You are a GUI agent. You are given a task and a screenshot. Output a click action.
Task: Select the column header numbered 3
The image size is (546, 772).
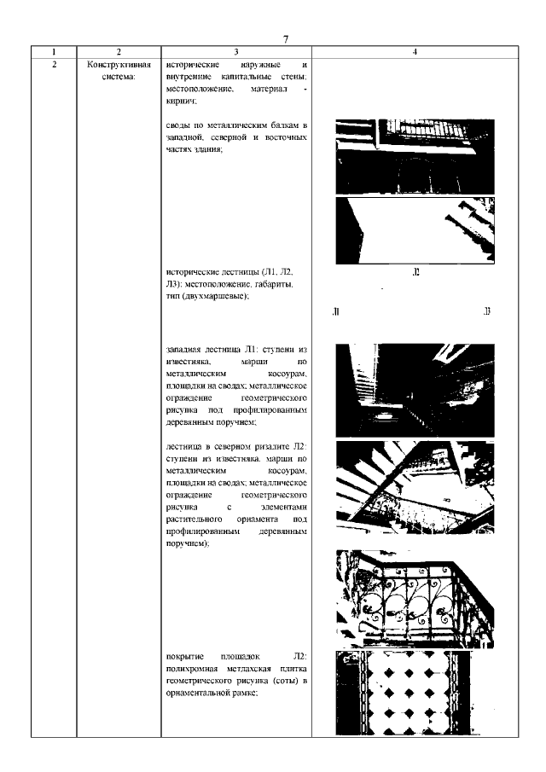[235, 52]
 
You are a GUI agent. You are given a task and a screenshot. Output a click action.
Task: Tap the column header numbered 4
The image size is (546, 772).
[414, 52]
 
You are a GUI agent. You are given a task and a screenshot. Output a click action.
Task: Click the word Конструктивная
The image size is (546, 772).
[119, 65]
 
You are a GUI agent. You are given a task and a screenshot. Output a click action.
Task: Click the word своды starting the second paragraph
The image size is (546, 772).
[178, 125]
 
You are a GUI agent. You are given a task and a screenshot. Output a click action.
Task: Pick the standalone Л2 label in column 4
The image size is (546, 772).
[415, 273]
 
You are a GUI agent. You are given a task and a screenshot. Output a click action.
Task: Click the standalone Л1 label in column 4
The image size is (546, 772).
[336, 311]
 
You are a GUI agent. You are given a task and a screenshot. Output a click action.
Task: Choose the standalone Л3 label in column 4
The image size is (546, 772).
[486, 311]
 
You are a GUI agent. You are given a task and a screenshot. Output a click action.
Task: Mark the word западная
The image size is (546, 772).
[185, 351]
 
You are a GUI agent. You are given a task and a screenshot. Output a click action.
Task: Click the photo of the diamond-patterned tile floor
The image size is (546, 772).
[414, 693]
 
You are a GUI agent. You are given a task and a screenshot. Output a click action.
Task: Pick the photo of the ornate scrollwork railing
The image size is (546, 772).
[414, 599]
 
